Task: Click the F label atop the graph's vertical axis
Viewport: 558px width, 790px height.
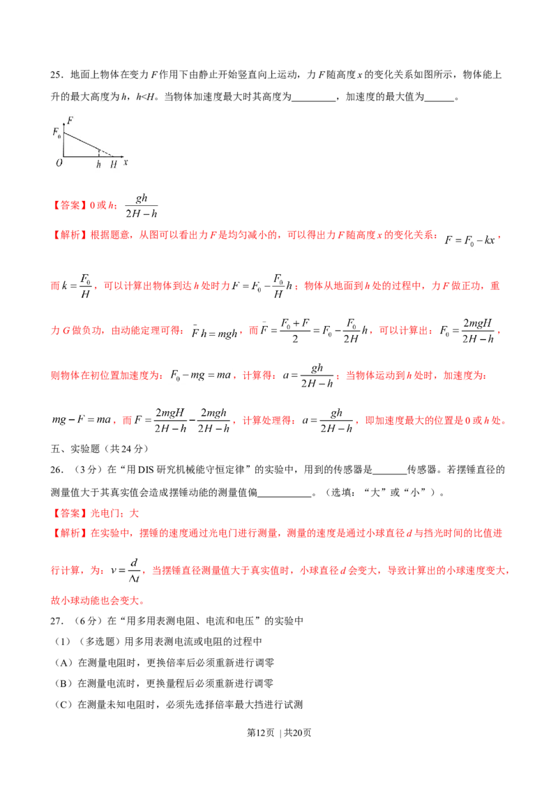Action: [70, 120]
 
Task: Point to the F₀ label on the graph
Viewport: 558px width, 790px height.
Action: [56, 133]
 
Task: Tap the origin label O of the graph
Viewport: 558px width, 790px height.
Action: [59, 163]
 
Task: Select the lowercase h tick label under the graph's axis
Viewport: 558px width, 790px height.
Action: [99, 164]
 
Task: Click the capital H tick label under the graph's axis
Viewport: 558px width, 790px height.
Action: [113, 164]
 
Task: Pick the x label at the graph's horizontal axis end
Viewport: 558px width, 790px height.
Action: [126, 162]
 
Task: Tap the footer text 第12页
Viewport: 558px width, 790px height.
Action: [260, 733]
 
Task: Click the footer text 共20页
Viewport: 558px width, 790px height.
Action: [298, 733]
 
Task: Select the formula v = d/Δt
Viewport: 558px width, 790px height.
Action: [126, 571]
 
